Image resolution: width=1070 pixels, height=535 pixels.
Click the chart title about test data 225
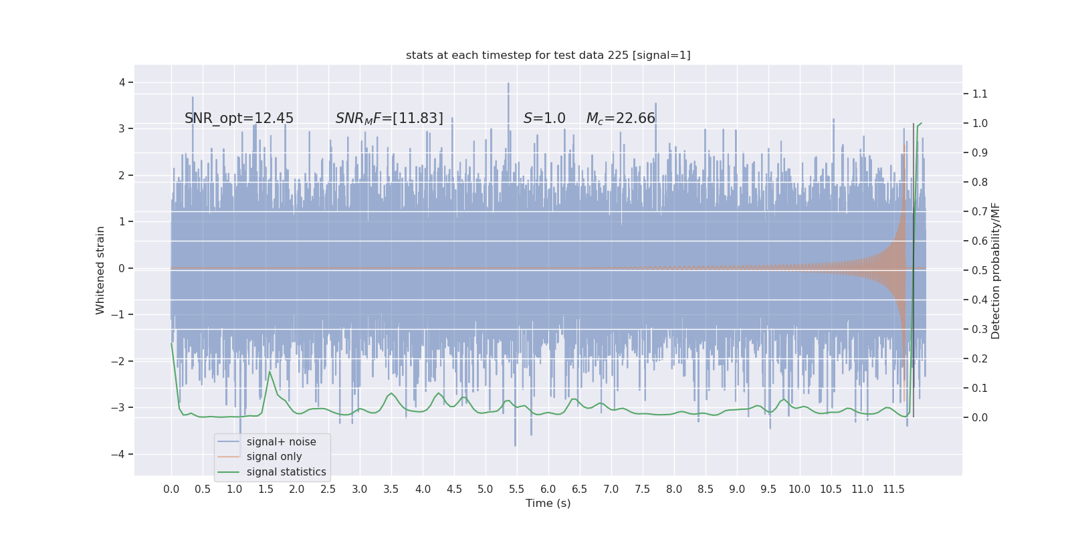(x=548, y=56)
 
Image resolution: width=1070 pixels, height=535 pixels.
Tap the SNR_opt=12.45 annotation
(x=239, y=118)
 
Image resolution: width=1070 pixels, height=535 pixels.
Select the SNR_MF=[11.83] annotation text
(x=389, y=118)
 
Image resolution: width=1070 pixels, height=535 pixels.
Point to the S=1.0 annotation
(x=544, y=118)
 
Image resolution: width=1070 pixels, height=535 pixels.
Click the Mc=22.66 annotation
(x=621, y=118)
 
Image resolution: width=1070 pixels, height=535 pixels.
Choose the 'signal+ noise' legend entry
(x=281, y=442)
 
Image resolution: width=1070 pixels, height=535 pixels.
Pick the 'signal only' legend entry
(x=274, y=457)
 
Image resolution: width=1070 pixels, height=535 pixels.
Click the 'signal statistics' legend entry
(x=286, y=472)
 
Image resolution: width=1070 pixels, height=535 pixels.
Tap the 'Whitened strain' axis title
(x=100, y=270)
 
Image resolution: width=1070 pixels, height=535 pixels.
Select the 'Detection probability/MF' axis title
(x=996, y=270)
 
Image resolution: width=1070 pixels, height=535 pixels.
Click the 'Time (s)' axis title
(x=548, y=503)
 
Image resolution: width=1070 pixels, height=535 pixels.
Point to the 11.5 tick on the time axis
(x=893, y=489)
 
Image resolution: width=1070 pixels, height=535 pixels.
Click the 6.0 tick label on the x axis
(x=548, y=489)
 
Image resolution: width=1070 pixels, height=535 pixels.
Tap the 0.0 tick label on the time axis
(x=171, y=489)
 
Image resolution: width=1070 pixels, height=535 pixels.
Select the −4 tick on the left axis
(x=121, y=454)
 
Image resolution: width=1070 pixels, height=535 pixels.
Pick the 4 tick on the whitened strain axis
(x=122, y=82)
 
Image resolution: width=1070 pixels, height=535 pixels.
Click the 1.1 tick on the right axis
(x=980, y=94)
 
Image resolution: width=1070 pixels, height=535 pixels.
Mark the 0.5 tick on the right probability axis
(x=980, y=271)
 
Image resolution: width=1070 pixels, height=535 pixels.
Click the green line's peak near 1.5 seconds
(x=270, y=372)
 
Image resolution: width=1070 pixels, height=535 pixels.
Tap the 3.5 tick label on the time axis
(x=391, y=489)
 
